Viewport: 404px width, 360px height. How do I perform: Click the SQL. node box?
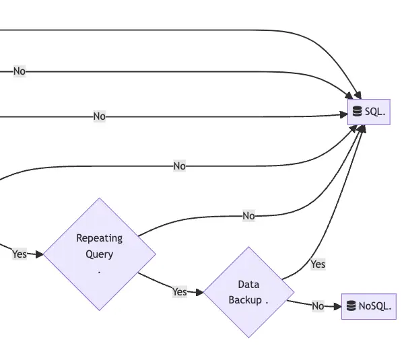pyautogui.click(x=369, y=112)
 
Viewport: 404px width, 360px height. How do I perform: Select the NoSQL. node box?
pyautogui.click(x=368, y=306)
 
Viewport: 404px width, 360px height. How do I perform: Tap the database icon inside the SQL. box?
pyautogui.click(x=358, y=112)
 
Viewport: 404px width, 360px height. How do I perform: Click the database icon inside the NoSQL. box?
pyautogui.click(x=351, y=306)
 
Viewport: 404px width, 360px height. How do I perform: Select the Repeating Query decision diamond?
pyautogui.click(x=100, y=254)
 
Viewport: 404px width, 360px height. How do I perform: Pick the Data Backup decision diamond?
pyautogui.click(x=248, y=292)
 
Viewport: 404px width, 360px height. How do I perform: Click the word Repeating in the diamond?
pyautogui.click(x=99, y=238)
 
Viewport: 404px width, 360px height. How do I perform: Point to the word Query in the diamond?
pyautogui.click(x=99, y=254)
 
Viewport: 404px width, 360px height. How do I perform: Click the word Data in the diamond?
pyautogui.click(x=248, y=284)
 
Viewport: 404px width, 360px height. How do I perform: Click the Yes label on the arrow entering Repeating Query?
pyautogui.click(x=20, y=254)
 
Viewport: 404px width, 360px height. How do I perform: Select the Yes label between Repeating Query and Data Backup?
pyautogui.click(x=179, y=291)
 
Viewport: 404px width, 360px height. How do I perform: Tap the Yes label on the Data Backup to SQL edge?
pyautogui.click(x=318, y=264)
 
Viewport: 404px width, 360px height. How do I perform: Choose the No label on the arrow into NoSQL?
pyautogui.click(x=318, y=306)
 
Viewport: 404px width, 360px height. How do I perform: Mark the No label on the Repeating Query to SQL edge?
pyautogui.click(x=248, y=216)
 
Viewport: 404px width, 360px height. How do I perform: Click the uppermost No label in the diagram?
pyautogui.click(x=20, y=71)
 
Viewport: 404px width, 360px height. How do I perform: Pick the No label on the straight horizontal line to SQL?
pyautogui.click(x=99, y=116)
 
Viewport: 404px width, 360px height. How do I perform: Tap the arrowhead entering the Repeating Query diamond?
pyautogui.click(x=40, y=254)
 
